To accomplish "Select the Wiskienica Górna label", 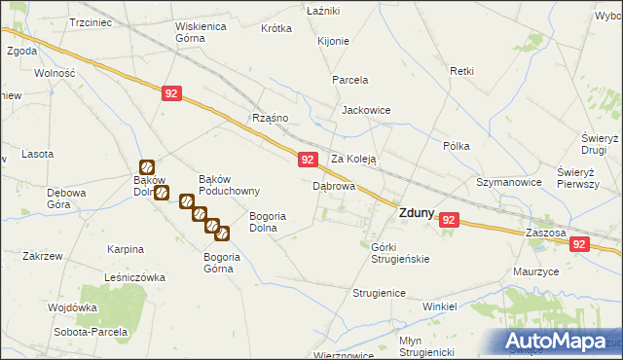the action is click(x=201, y=33).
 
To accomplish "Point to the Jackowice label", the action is click(x=365, y=111).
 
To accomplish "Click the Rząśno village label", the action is click(x=270, y=118).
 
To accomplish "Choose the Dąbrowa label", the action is click(x=333, y=185).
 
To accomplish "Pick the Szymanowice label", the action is click(x=508, y=182).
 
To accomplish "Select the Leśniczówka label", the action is click(x=133, y=277).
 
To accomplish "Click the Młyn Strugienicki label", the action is click(x=427, y=345).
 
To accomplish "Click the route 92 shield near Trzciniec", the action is click(x=171, y=93).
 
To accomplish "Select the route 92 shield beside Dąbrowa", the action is click(x=307, y=160).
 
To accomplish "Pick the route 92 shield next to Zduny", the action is click(x=448, y=221).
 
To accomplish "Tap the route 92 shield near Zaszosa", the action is click(x=580, y=247).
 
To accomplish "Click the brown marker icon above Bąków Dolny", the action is click(x=147, y=167).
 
